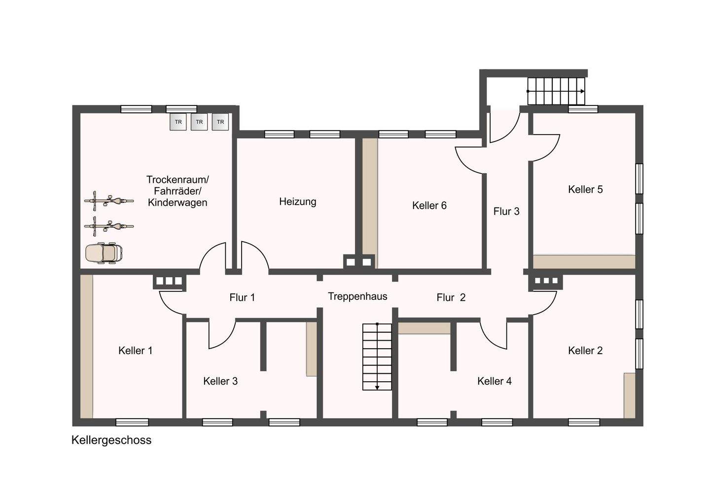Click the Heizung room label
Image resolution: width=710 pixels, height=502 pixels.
pos(298,202)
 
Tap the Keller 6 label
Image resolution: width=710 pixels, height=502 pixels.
pos(429,206)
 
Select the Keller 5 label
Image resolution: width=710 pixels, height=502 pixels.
pos(585,189)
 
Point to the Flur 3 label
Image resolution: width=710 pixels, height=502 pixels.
pos(506,212)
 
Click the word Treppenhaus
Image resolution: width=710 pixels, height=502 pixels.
pos(357,297)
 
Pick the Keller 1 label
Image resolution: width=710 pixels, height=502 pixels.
pos(135,351)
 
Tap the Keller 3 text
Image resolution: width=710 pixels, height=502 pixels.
pos(220,381)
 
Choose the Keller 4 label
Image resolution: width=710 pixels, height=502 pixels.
pos(495,381)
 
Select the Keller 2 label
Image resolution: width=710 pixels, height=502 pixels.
pos(585,351)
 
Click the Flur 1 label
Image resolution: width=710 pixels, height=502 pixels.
pos(242,297)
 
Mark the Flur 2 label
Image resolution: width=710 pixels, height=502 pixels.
pos(451,297)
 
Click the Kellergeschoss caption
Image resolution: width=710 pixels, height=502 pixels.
pos(111,440)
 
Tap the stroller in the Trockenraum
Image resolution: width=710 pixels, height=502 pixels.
pos(104,253)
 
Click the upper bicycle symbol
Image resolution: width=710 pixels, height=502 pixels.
pos(108,201)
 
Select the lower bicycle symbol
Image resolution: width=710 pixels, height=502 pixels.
pos(108,226)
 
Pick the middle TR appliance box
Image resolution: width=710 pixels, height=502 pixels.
pos(199,122)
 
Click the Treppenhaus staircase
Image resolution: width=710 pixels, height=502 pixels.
pos(377,357)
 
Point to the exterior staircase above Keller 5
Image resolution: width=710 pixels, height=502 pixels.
pos(556,91)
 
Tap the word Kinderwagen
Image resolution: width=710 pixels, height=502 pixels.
pos(177,203)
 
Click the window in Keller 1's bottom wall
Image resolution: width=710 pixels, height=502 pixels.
pos(132,422)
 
